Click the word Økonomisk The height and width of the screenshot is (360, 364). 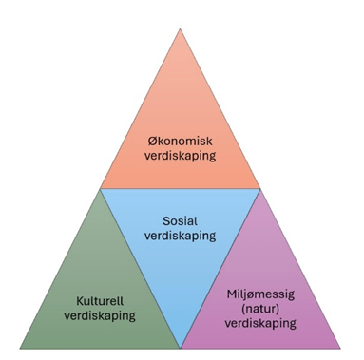(x=180, y=141)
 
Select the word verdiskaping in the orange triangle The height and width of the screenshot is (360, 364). (x=180, y=156)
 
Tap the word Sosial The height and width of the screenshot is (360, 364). (x=180, y=221)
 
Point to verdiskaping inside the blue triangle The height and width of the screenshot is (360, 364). (x=180, y=236)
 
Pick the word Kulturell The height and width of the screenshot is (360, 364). (x=100, y=301)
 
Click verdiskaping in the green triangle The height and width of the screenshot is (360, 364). (x=100, y=315)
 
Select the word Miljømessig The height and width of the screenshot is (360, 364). (x=260, y=294)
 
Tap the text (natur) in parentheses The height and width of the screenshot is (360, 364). (x=260, y=309)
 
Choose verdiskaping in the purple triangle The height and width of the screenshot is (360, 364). (x=260, y=323)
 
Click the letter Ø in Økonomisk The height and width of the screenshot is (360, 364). (x=153, y=141)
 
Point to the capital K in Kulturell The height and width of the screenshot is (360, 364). (x=80, y=301)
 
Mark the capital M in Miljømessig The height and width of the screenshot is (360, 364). (x=232, y=294)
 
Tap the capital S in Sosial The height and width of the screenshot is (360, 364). (x=166, y=221)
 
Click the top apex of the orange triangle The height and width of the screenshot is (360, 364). (x=180, y=28)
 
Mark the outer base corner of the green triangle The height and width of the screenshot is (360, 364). (x=20, y=349)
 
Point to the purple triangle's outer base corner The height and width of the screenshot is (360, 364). (x=340, y=349)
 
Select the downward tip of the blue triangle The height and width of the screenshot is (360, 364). (x=181, y=349)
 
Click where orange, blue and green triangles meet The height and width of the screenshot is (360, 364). (x=100, y=189)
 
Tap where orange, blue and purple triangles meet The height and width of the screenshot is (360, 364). (x=260, y=189)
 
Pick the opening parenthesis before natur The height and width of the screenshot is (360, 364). (x=243, y=309)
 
